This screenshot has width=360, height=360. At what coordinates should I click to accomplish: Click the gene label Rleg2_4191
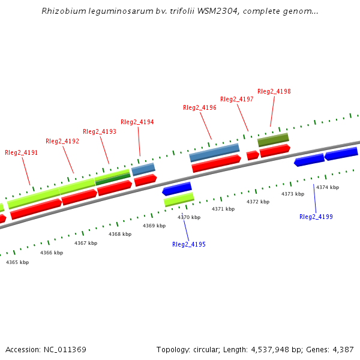21,153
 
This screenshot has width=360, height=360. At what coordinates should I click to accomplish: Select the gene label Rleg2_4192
62,142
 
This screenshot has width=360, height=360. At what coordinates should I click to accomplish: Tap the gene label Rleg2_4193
100,132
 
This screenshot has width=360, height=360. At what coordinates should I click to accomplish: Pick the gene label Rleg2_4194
137,122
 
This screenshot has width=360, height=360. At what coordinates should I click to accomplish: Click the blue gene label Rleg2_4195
189,245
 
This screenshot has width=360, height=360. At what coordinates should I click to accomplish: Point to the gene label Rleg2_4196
200,108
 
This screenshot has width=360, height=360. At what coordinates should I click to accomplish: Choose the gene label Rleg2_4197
237,100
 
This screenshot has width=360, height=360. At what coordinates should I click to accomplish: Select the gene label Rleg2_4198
274,92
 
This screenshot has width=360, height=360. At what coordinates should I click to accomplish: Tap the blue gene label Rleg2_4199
316,217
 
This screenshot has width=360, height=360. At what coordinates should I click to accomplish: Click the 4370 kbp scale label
189,217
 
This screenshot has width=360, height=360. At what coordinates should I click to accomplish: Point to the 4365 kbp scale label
17,262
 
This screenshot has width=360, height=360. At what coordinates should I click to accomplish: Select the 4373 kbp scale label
293,194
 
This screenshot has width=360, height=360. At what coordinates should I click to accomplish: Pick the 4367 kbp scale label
86,243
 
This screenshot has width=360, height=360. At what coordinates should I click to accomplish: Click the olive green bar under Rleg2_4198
273,140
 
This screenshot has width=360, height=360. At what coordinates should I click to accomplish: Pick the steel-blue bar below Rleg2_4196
214,152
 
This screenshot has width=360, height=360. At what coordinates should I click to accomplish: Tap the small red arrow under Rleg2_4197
253,155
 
